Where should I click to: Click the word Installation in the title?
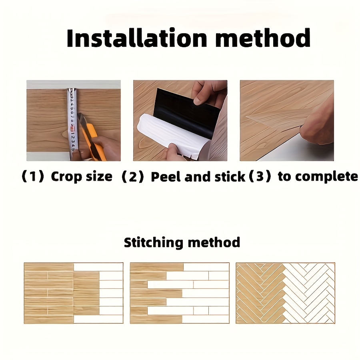pyautogui.click(x=137, y=38)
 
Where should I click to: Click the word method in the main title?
pyautogui.click(x=263, y=38)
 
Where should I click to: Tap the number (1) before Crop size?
pyautogui.click(x=33, y=176)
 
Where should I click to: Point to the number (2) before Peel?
pyautogui.click(x=133, y=177)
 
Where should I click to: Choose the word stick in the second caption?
pyautogui.click(x=230, y=177)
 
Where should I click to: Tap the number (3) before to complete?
pyautogui.click(x=260, y=176)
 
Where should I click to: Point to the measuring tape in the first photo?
pyautogui.click(x=72, y=124)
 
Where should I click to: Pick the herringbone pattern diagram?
pyautogui.click(x=285, y=293)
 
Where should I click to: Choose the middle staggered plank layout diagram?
pyautogui.click(x=180, y=293)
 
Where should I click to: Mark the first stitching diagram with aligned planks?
pyautogui.click(x=74, y=293)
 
